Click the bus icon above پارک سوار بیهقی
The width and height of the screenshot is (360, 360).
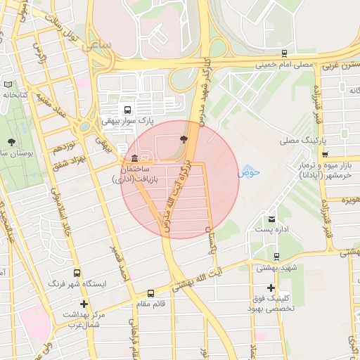click(127, 110)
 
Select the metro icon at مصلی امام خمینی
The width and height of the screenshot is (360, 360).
click(284, 53)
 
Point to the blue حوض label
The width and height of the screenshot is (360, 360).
click(249, 172)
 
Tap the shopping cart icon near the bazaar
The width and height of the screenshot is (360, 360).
click(324, 154)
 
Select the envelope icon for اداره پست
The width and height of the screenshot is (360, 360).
click(271, 219)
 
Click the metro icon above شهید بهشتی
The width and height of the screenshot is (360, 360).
click(276, 257)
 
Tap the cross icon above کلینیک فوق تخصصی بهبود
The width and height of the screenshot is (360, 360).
click(271, 288)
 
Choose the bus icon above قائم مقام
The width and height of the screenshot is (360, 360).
click(150, 293)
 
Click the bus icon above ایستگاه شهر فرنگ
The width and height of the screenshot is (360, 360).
click(77, 273)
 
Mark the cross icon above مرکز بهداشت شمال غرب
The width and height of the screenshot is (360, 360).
click(84, 304)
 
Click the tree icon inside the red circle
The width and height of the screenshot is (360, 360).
click(184, 139)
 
